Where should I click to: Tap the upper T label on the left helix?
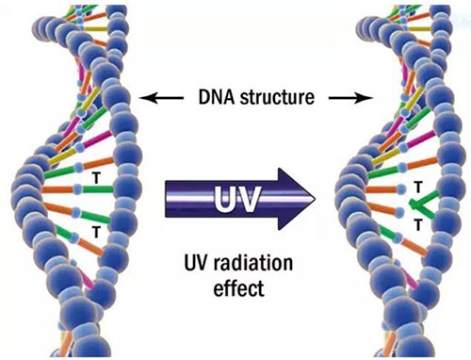(x=94, y=176)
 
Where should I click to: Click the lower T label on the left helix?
(x=94, y=230)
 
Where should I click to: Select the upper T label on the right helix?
(x=414, y=187)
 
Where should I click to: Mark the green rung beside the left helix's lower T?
(x=72, y=228)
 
